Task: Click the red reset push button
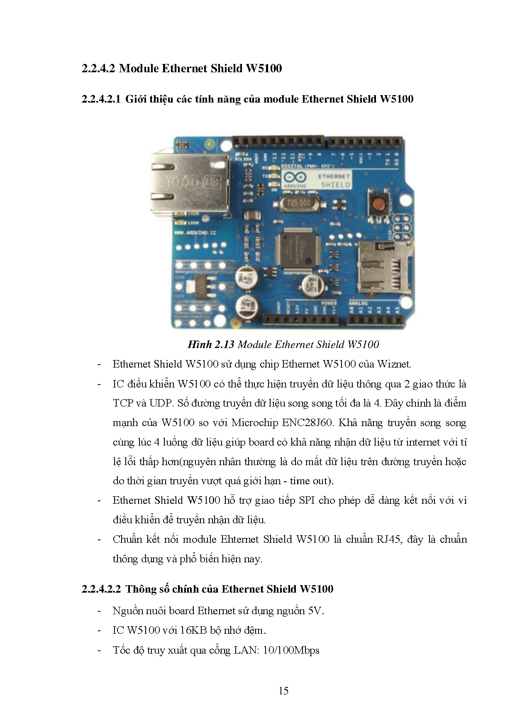378,204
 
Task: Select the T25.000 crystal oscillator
298,203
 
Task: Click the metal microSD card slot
383,270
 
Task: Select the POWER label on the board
329,303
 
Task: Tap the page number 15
283,691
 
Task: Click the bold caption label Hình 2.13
211,344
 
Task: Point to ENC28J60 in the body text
307,423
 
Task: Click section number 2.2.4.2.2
101,589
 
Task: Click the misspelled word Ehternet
240,539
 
